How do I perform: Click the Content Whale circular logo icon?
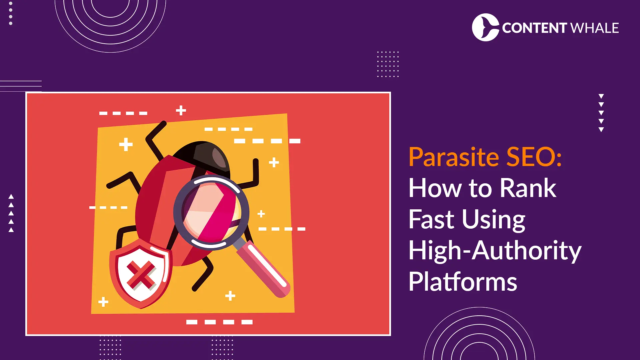tap(485, 27)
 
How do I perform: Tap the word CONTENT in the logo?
tap(534, 28)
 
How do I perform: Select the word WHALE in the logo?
tap(595, 28)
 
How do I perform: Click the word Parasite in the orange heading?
tap(454, 157)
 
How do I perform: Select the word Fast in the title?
tap(431, 219)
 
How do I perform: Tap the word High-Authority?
tap(495, 251)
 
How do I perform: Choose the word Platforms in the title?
tap(463, 282)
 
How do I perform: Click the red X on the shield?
tap(141, 275)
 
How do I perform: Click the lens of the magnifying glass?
tap(211, 211)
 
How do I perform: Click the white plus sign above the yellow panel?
tap(181, 110)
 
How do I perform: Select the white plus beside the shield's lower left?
tap(103, 302)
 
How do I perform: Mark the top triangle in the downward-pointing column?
tap(601, 96)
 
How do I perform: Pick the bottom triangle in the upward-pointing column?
tap(11, 230)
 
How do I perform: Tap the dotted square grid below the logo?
tap(388, 64)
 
